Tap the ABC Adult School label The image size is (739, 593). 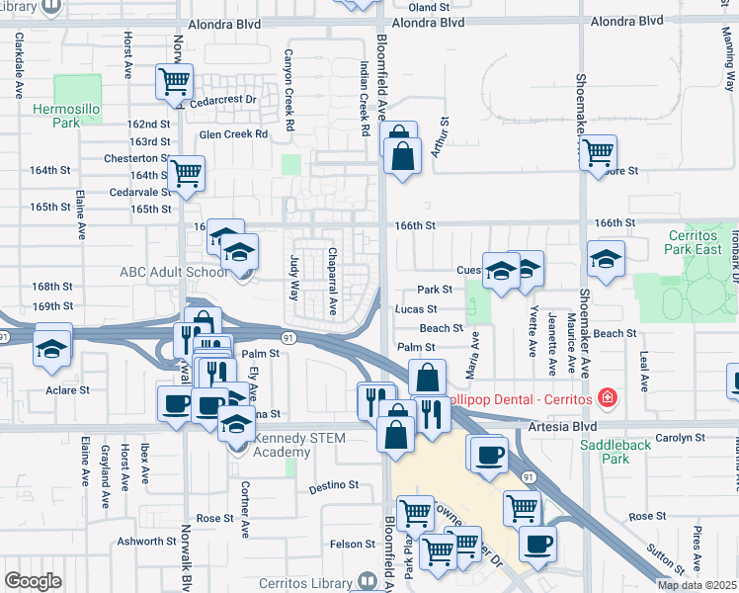coord(172,272)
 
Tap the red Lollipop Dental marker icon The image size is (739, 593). coord(608,398)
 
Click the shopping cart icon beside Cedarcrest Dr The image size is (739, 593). coord(175,81)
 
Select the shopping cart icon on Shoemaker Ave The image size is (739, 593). coord(598,152)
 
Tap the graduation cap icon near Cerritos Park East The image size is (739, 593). coord(606,258)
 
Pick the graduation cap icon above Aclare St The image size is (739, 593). coord(51,348)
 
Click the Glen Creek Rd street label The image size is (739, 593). coord(233,133)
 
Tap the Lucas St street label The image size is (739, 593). coord(416,309)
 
